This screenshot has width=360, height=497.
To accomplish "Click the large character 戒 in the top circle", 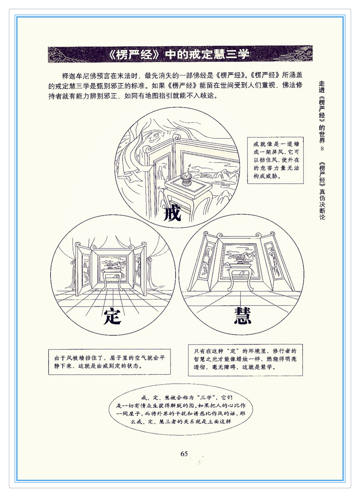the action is (172, 213).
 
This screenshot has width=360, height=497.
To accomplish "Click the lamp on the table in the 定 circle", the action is (110, 266).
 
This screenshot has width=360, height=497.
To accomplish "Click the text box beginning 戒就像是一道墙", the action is (275, 160).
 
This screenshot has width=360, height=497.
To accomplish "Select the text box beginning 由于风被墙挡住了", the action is (109, 362).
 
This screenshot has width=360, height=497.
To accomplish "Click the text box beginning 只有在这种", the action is (245, 360).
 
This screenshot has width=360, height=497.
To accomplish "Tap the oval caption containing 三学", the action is (181, 409).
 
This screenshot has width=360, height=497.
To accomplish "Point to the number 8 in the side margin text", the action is (322, 149).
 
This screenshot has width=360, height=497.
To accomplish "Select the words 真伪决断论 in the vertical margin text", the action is (322, 204).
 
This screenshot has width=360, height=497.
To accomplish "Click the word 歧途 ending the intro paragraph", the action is (207, 96).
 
